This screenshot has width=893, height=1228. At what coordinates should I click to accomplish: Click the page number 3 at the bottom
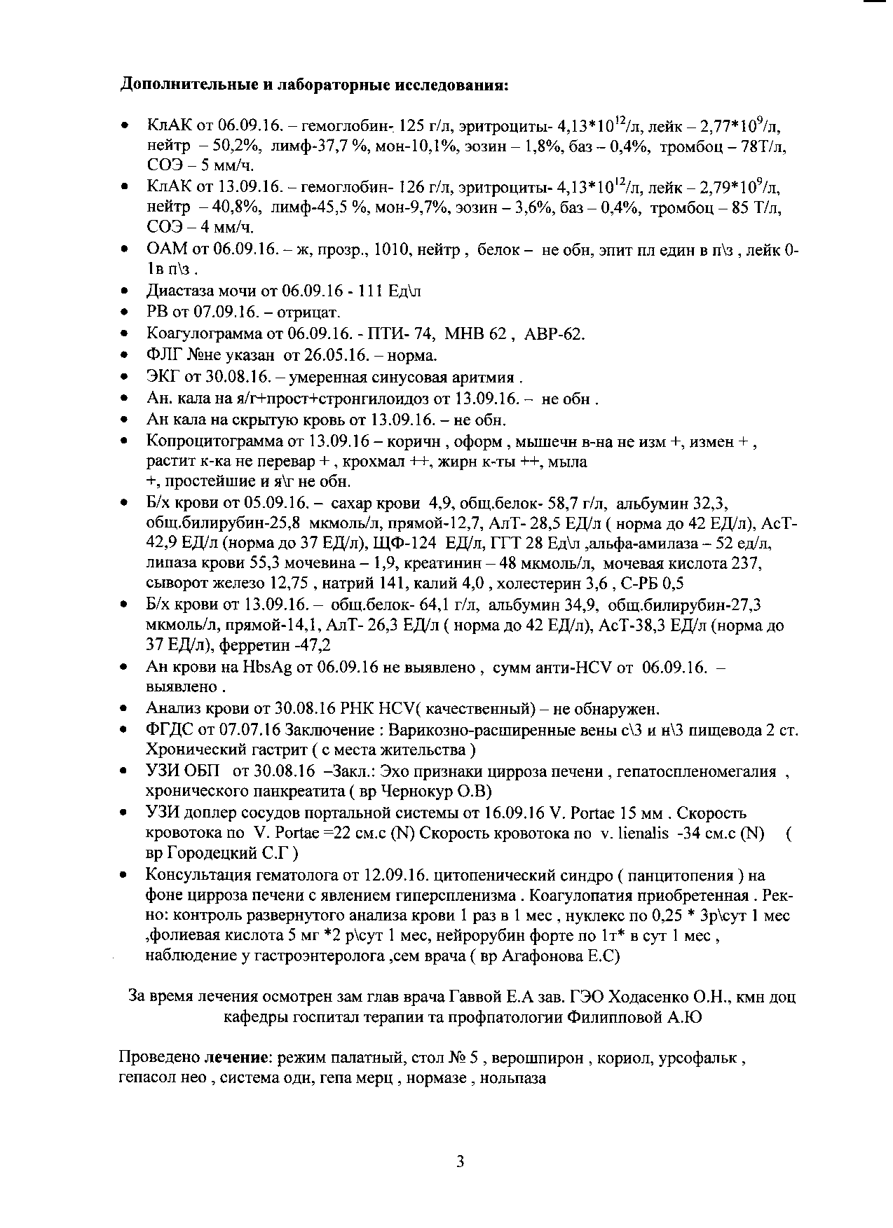pyautogui.click(x=460, y=1162)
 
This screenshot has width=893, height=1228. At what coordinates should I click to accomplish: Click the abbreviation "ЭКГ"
pyautogui.click(x=163, y=377)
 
